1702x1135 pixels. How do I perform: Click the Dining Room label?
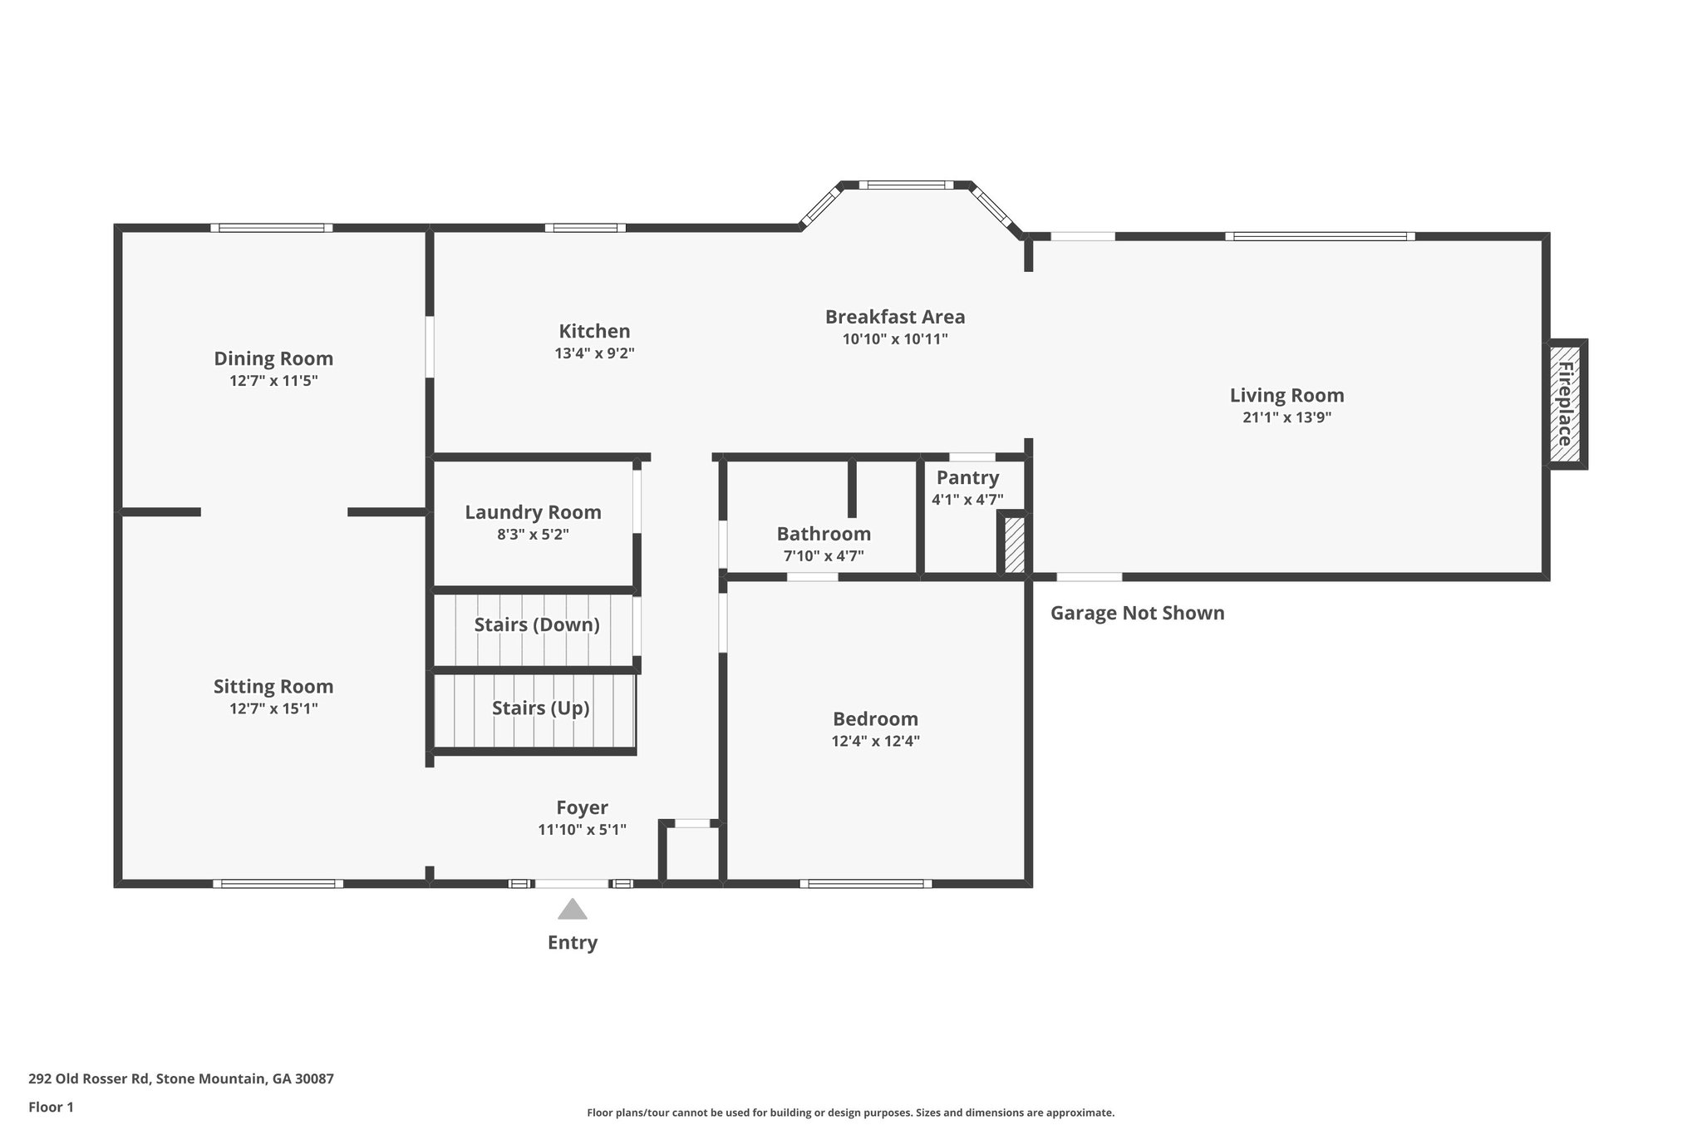[273, 358]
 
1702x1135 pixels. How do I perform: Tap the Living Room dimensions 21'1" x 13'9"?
[1286, 417]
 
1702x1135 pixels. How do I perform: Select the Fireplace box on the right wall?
[1566, 404]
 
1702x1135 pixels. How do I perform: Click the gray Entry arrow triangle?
[572, 910]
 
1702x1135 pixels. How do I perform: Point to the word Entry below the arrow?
[572, 942]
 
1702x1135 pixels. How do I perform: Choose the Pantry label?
[967, 477]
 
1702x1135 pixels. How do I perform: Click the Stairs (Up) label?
[540, 708]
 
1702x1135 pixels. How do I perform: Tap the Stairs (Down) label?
[537, 624]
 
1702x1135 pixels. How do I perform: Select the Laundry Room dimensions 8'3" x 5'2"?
[533, 535]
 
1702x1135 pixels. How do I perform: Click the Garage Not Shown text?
[1137, 613]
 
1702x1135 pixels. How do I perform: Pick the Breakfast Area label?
[895, 317]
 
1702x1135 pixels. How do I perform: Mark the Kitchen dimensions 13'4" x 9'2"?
[594, 353]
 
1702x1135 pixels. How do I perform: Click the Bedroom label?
[875, 718]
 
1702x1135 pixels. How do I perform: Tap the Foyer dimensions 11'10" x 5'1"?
[582, 829]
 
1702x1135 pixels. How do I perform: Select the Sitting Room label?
[273, 686]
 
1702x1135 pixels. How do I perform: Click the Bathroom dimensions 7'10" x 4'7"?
[824, 555]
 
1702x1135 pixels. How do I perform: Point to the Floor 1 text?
[51, 1107]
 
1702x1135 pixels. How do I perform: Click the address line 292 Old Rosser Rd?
[180, 1078]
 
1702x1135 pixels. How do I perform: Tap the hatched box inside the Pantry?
[1014, 545]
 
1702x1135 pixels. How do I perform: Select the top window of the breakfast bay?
[906, 185]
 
